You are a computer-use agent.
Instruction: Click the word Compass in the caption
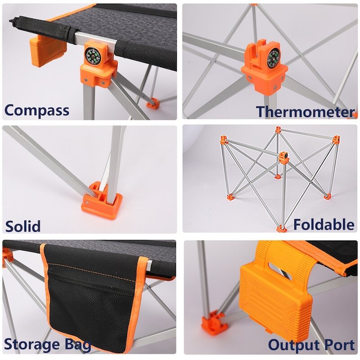pos(37,110)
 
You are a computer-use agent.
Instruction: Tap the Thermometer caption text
pos(306,112)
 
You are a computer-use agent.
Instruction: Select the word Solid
pos(22,225)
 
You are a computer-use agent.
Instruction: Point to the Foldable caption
pos(324,224)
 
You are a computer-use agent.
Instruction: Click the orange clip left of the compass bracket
pos(47,49)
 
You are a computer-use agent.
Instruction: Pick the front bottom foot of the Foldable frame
pos(281,229)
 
